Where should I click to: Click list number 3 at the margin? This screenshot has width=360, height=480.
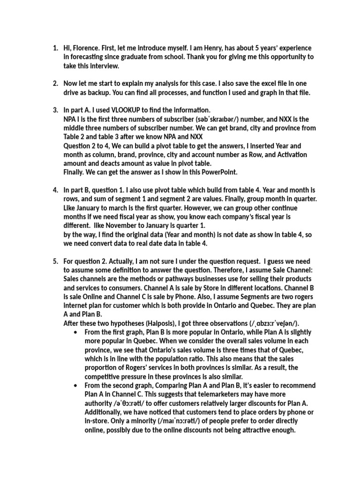pos(55,110)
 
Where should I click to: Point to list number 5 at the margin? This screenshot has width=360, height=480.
pos(55,261)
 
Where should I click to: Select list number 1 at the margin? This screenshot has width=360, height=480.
pos(55,48)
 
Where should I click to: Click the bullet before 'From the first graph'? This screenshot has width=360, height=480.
pos(75,332)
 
